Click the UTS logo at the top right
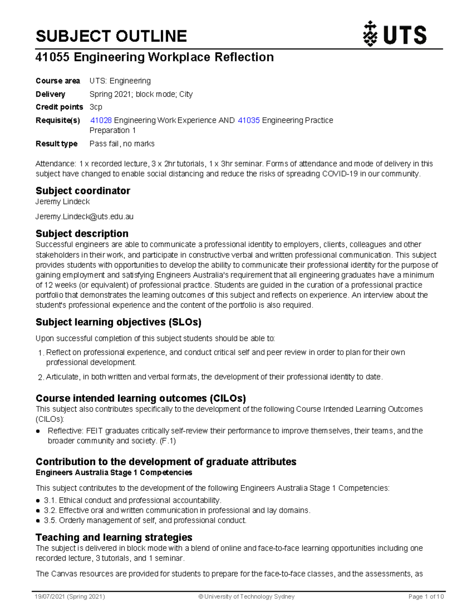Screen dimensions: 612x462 click(x=395, y=34)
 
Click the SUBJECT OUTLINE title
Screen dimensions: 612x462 click(x=111, y=36)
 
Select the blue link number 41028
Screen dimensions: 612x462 click(x=101, y=120)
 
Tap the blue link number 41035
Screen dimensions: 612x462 click(x=249, y=120)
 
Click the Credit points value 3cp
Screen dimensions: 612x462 click(x=96, y=107)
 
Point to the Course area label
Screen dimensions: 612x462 click(x=58, y=81)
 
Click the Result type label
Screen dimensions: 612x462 click(x=57, y=144)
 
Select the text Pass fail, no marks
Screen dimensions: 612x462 click(x=122, y=144)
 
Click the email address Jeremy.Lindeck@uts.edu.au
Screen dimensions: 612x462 click(x=84, y=217)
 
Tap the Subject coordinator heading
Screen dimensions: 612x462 click(x=83, y=191)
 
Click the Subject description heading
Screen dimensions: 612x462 click(x=82, y=234)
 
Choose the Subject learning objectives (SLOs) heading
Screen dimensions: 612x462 click(x=119, y=322)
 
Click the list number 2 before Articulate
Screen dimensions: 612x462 click(x=40, y=378)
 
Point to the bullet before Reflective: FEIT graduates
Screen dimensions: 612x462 click(x=38, y=431)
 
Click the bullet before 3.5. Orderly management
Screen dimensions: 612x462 click(x=38, y=521)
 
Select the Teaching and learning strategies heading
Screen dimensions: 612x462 click(x=114, y=537)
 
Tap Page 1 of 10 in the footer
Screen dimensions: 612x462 click(x=426, y=597)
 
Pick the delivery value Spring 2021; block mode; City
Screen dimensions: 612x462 click(x=141, y=94)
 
